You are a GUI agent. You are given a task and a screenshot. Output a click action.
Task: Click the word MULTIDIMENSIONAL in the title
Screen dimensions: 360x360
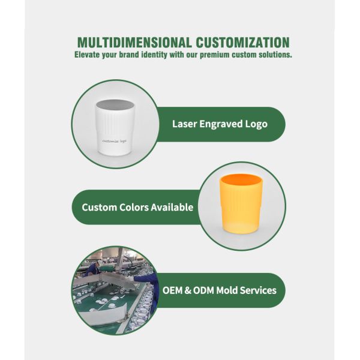pos(134,43)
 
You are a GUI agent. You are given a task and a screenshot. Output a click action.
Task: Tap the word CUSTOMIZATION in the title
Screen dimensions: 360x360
pos(242,43)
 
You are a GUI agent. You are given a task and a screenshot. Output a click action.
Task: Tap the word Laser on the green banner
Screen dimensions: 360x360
pos(185,124)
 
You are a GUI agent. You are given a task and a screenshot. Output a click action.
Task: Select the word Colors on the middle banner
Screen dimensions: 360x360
pos(134,208)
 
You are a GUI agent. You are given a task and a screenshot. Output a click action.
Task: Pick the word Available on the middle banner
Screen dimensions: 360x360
pos(172,208)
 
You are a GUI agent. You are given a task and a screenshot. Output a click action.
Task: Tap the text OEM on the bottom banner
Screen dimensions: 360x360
pos(172,290)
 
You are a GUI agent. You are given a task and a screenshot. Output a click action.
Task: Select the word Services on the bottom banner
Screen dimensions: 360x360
pos(258,290)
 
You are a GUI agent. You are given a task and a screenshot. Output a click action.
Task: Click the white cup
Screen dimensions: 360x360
pos(115,127)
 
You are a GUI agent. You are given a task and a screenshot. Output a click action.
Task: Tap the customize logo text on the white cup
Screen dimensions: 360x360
pos(114,141)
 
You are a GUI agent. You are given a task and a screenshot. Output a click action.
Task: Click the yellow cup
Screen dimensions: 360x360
pos(241,204)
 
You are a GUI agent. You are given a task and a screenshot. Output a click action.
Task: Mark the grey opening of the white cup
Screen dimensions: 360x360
pos(115,105)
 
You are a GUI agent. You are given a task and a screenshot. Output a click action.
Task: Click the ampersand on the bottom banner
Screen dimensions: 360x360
pos(188,290)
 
